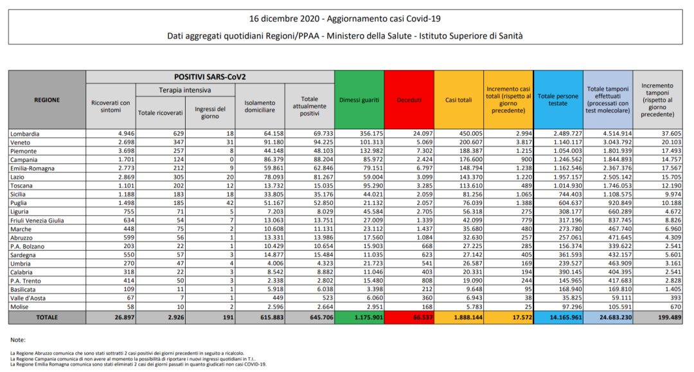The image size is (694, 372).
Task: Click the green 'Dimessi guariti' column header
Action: click(x=359, y=100)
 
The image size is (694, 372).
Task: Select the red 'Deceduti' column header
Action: click(x=409, y=100)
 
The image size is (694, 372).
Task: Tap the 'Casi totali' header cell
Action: click(x=459, y=100)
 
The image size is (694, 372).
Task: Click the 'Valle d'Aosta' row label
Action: click(x=28, y=299)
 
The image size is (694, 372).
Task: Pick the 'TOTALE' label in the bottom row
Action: click(x=46, y=317)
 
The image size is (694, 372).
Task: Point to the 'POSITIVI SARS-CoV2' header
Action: click(x=210, y=76)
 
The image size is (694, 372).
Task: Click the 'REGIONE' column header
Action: click(x=47, y=100)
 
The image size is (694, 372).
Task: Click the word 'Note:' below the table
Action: click(x=18, y=339)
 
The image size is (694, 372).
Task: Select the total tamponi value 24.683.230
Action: click(x=607, y=317)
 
